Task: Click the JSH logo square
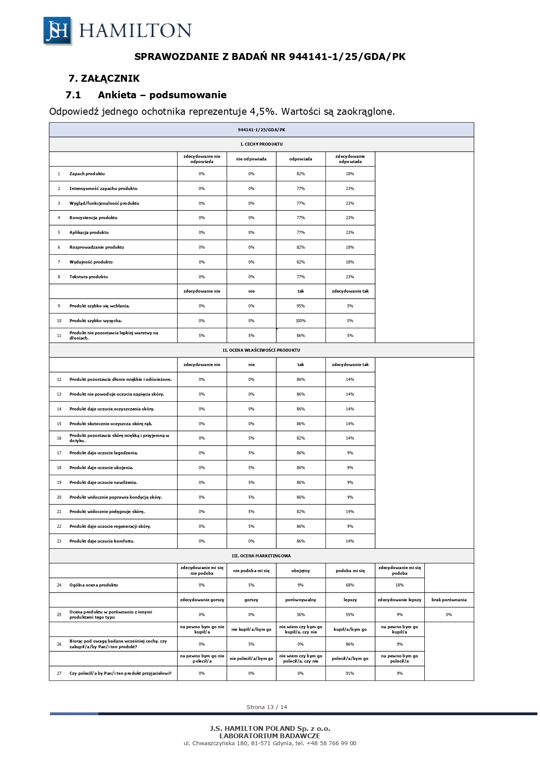(57, 30)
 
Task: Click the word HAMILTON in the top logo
(135, 30)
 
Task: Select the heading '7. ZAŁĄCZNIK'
(104, 78)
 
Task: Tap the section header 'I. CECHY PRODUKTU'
(261, 144)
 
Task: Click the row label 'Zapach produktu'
(87, 174)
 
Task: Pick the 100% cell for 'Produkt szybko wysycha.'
(301, 321)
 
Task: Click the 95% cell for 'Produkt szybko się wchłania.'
(301, 306)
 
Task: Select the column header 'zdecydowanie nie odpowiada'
(202, 159)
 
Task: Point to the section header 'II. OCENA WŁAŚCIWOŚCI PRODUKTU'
(261, 350)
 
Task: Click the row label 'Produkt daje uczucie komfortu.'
(102, 541)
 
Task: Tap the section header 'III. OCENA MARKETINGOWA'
(261, 556)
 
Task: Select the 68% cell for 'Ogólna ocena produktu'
(350, 585)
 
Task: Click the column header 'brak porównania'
(449, 600)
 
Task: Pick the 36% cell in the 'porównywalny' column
(301, 615)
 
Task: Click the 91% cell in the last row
(350, 673)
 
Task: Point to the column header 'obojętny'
(301, 571)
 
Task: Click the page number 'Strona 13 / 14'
(267, 707)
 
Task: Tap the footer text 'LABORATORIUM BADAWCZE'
(270, 736)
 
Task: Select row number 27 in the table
(59, 673)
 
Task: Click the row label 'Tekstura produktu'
(89, 277)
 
